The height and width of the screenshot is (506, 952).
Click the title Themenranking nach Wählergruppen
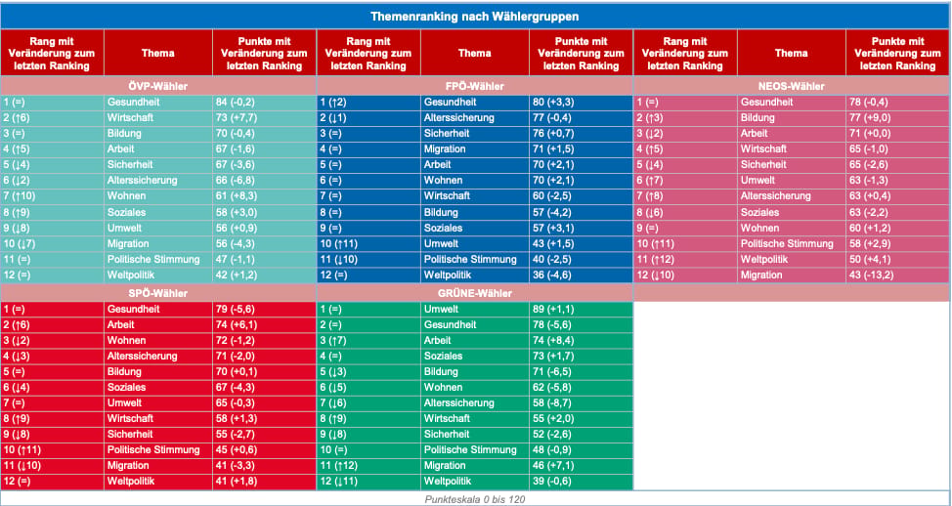coord(474,17)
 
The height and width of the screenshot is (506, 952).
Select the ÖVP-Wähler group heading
coord(158,86)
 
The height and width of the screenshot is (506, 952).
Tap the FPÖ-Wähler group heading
coord(475,86)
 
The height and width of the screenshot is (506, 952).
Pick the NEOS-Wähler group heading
coord(792,86)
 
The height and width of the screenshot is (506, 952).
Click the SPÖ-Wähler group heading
coord(158,294)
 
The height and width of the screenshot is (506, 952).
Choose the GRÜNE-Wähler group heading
coord(475,294)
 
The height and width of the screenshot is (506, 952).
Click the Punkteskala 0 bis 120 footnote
coord(475,499)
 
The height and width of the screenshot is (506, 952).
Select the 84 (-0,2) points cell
coord(237,102)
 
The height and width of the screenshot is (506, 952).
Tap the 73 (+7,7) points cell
coord(238,117)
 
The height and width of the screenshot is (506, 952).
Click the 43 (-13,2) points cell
coord(874,274)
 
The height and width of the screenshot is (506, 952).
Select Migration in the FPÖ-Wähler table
coord(445,148)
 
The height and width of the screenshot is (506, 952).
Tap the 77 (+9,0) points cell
coord(871,117)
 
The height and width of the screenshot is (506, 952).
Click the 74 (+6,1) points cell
coord(238,324)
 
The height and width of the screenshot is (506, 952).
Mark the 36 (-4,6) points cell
coord(553,274)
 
